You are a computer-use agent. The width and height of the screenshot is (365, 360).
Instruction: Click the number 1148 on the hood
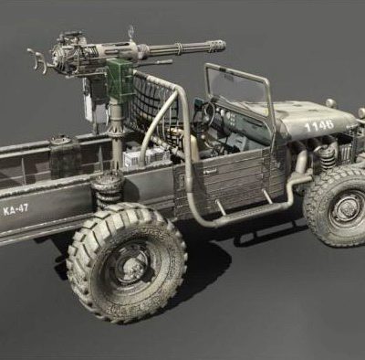click(x=318, y=125)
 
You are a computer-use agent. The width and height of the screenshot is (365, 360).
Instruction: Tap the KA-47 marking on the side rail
click(x=16, y=210)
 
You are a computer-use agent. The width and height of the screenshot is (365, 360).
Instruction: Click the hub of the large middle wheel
click(x=130, y=266)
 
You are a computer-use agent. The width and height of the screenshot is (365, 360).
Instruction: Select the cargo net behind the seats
click(x=153, y=101)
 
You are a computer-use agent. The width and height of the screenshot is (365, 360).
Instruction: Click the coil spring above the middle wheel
click(x=107, y=190)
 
